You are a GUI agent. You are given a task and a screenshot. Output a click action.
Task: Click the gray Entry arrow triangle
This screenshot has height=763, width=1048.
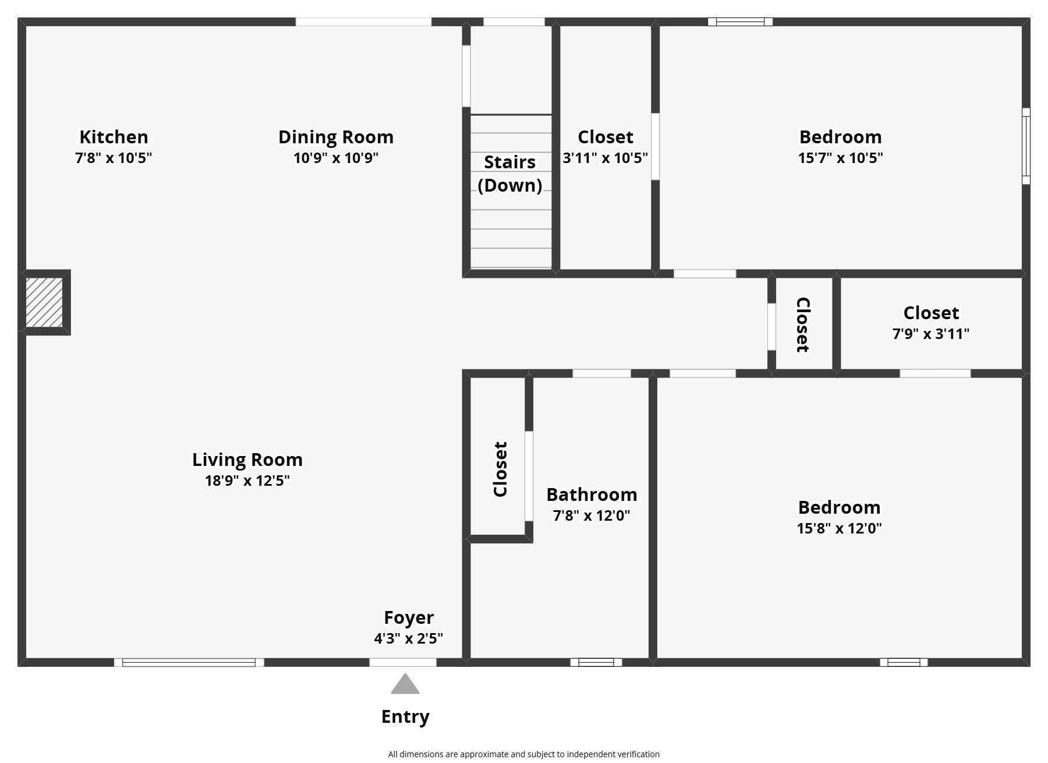405,684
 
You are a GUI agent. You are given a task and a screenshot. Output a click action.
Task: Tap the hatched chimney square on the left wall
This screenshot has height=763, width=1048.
44,302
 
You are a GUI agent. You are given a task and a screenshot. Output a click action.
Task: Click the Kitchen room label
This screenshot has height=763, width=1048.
114,137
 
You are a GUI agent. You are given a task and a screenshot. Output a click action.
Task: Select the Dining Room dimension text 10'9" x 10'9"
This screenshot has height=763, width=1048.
336,158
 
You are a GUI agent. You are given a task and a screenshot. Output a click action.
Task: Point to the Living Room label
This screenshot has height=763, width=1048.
247,460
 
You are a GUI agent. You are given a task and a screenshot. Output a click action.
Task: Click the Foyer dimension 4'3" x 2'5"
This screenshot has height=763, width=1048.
409,638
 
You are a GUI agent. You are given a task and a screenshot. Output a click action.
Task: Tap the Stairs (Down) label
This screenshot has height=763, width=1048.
510,174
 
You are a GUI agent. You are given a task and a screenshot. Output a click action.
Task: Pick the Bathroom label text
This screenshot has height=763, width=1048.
592,494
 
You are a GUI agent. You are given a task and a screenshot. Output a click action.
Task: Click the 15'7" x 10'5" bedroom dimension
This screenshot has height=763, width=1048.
840,158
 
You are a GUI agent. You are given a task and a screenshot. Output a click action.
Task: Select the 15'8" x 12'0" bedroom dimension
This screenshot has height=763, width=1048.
839,528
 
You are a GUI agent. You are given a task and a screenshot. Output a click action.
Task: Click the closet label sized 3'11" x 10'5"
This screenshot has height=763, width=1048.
606,137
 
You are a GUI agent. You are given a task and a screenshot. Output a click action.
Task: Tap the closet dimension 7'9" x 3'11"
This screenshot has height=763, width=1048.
931,334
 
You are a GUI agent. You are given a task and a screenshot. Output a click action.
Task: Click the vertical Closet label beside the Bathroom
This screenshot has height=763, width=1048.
500,469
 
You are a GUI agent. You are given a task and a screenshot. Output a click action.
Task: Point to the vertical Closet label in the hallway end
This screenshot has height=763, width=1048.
803,325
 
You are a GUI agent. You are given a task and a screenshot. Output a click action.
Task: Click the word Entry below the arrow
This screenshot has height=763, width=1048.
405,716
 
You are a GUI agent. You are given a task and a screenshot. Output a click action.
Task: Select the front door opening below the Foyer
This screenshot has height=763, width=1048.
403,662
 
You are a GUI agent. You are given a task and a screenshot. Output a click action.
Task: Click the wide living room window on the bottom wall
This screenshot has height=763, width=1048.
189,662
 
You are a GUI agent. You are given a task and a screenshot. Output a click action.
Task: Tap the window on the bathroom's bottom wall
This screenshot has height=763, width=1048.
596,662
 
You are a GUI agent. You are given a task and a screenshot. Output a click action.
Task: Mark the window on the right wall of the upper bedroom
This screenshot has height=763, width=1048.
1026,146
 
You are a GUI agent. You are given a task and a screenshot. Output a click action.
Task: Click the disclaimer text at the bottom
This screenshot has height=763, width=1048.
524,754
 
